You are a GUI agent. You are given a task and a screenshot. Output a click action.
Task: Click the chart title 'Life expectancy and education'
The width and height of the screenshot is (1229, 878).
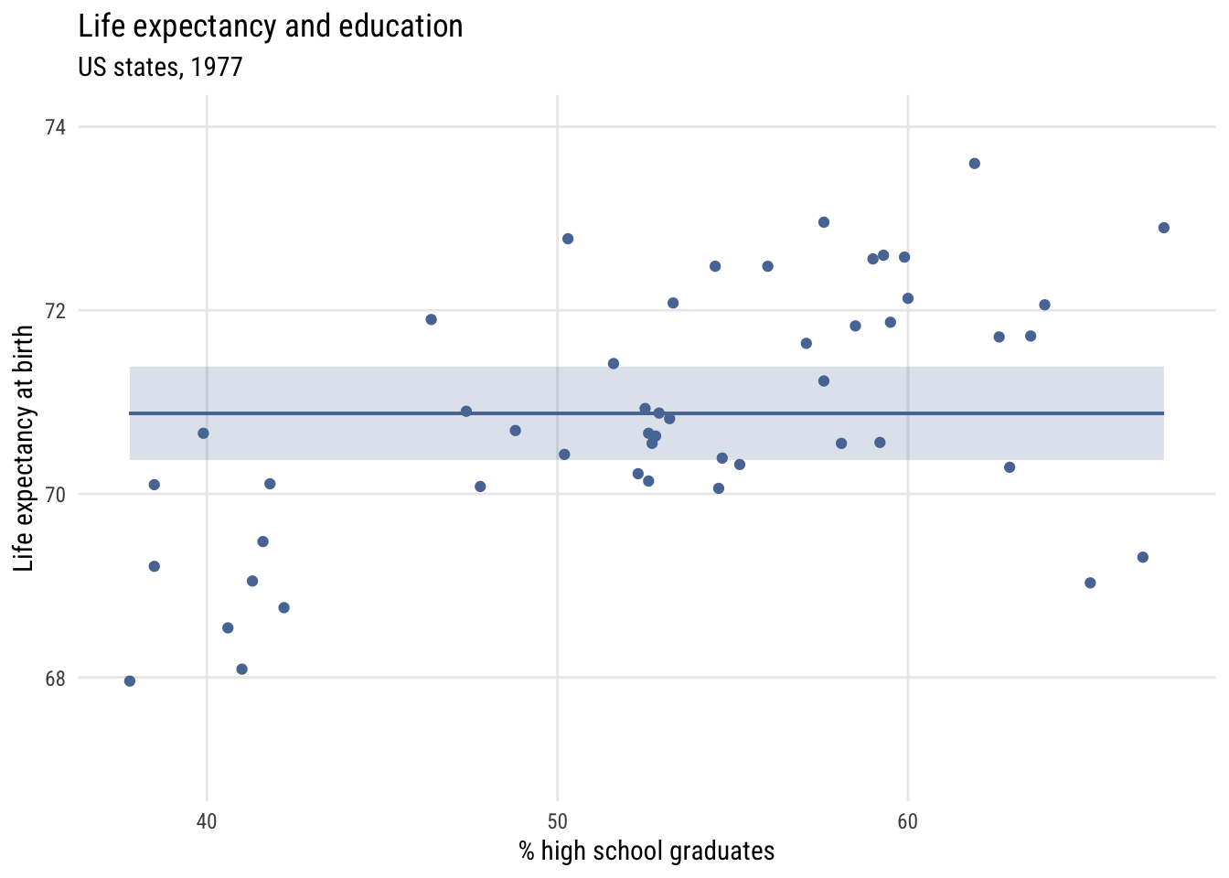coord(271,27)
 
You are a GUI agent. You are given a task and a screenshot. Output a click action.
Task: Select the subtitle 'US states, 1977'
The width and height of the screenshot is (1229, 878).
coord(160,68)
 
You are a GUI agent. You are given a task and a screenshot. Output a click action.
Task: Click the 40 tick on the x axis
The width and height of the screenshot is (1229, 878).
coord(207,821)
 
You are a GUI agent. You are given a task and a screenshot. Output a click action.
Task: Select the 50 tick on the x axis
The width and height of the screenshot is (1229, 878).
coord(557,821)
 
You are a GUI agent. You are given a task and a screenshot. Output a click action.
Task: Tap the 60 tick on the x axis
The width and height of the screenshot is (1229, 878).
coord(907,821)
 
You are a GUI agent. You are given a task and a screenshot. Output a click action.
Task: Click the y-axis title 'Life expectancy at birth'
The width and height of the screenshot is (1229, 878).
coord(25,449)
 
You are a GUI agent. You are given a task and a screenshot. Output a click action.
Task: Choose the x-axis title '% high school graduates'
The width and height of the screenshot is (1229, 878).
coord(647,851)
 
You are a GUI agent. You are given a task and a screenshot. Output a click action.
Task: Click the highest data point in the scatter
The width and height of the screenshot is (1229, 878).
coord(974,164)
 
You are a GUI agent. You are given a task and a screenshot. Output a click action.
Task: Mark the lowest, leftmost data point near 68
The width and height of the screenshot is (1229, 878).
coord(130,680)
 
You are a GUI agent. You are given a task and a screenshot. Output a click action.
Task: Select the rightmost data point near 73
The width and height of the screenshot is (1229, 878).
coord(1163,228)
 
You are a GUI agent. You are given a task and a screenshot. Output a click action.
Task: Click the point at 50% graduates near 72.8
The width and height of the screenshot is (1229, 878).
coord(567,239)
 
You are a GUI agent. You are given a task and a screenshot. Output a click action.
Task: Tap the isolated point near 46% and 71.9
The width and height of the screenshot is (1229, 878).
coord(431,319)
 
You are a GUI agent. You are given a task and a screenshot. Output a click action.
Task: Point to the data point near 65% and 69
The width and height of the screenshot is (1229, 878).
coord(1089,583)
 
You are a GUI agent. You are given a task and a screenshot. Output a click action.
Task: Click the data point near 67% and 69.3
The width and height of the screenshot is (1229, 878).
coord(1142,557)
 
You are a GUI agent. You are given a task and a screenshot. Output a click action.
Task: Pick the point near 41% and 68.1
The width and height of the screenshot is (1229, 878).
coord(241,669)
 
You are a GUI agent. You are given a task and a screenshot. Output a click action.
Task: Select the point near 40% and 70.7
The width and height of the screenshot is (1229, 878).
coord(203,433)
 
